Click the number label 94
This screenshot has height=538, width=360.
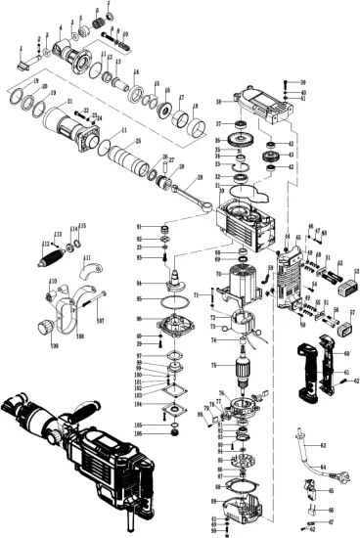click(x=140, y=285)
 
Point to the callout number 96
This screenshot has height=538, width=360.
click(x=140, y=319)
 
